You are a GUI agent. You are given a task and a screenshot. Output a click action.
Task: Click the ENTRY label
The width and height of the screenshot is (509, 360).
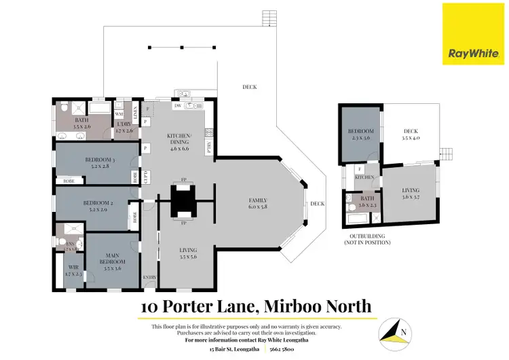pos(149,277)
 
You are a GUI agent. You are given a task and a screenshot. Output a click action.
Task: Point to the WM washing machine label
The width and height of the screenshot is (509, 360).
pos(119,114)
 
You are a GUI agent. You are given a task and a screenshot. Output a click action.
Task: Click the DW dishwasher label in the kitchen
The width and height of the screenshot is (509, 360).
pos(176,106)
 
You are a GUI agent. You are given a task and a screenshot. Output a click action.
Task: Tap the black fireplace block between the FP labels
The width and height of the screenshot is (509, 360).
pos(183,201)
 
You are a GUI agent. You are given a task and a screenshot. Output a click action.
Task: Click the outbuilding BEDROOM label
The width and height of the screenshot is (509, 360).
pos(362,132)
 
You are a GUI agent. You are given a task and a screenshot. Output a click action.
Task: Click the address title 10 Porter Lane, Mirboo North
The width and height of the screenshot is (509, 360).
pos(256,306)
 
